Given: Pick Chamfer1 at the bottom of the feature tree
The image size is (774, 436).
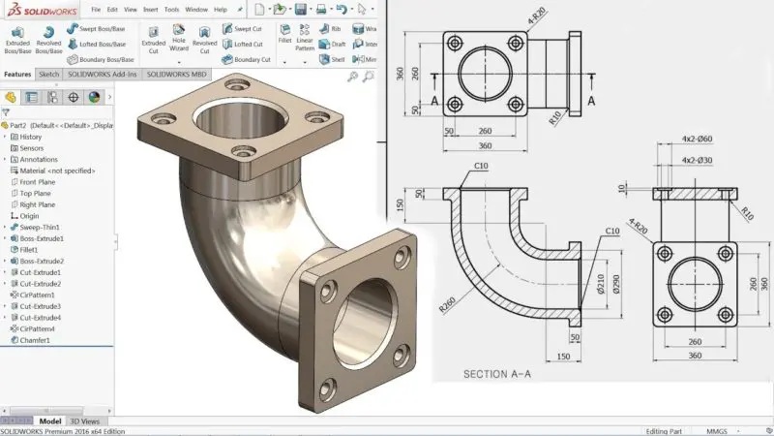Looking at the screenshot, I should coord(38,340).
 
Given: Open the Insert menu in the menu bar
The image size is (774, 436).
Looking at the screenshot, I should coord(150,9).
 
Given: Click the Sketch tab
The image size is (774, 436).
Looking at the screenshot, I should coord(48,74).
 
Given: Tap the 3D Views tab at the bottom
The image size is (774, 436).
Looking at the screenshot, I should coord(84,421).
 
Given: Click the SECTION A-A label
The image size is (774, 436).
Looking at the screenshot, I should coord(497,374).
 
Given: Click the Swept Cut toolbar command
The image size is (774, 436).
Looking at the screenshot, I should coord(248,29).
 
